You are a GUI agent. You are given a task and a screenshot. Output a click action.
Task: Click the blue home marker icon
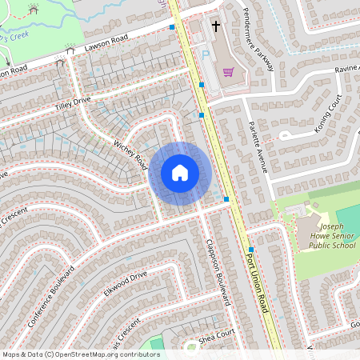point(180,173)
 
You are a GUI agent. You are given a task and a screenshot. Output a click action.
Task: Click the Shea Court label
point(216,338)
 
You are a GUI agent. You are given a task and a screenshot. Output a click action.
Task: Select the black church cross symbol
point(215,26)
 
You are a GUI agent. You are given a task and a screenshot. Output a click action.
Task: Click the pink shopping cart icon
point(229,72)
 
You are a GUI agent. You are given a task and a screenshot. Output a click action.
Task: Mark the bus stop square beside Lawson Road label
point(172,27)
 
